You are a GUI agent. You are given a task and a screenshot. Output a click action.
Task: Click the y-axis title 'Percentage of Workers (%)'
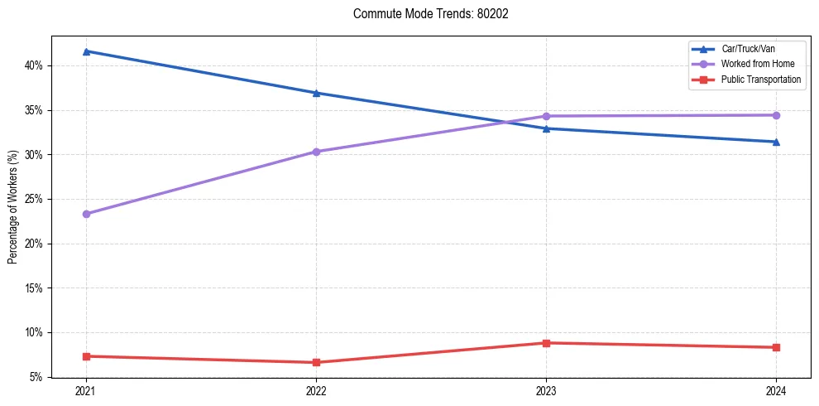[x=13, y=207]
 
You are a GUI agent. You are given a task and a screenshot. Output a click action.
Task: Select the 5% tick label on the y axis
[x=35, y=377]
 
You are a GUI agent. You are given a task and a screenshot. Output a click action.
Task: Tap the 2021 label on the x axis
[x=86, y=390]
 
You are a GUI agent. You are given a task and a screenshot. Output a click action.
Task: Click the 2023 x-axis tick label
[x=546, y=390]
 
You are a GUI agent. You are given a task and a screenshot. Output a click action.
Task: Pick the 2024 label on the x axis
[x=776, y=390]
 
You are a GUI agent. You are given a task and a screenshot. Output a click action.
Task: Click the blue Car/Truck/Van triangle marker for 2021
[x=86, y=51]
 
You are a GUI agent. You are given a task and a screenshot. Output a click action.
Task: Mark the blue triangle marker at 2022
[x=316, y=93]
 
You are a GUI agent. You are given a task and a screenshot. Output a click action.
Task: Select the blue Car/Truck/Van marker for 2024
[x=776, y=142]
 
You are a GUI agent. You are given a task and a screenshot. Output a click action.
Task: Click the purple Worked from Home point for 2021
[x=86, y=214]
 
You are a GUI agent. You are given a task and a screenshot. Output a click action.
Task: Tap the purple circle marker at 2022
[x=316, y=152]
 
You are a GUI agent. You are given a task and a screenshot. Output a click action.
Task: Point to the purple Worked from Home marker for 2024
[x=776, y=115]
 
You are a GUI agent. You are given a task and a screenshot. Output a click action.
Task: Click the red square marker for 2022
[x=316, y=362]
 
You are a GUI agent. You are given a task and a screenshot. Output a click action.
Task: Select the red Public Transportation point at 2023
[x=546, y=343]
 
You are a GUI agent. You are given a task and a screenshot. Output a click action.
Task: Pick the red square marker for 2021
[x=86, y=356]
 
